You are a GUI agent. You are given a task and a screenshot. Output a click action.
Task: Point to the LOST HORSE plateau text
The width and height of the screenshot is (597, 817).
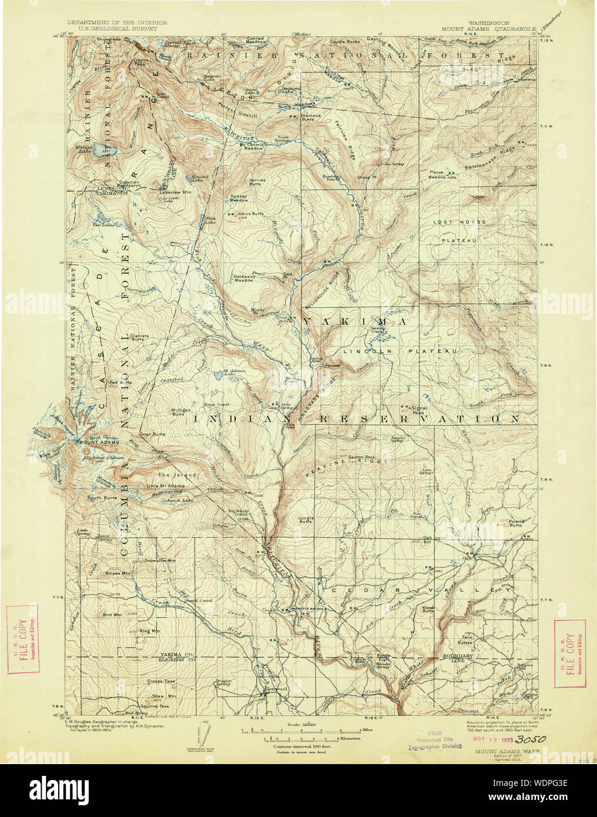460,222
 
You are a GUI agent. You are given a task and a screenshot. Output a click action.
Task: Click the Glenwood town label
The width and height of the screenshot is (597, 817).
274,688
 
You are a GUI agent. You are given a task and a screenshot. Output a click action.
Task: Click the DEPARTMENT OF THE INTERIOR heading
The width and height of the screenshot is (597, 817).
117,22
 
